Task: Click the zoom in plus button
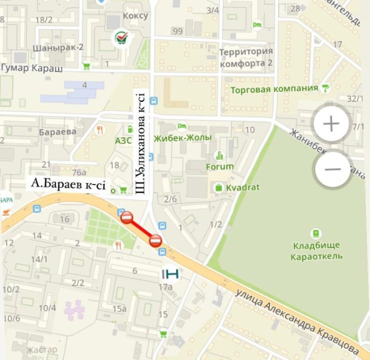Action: click(331, 124)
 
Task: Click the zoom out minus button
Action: click(332, 169)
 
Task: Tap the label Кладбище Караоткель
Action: click(316, 251)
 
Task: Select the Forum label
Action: click(220, 167)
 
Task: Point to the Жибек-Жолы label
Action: click(182, 137)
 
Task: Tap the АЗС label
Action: click(123, 141)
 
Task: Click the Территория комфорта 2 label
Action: click(246, 58)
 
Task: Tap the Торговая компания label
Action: click(274, 89)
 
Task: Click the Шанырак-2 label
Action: click(58, 47)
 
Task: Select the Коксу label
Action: click(135, 16)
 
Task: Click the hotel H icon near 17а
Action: click(171, 273)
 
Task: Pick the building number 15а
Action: click(119, 309)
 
